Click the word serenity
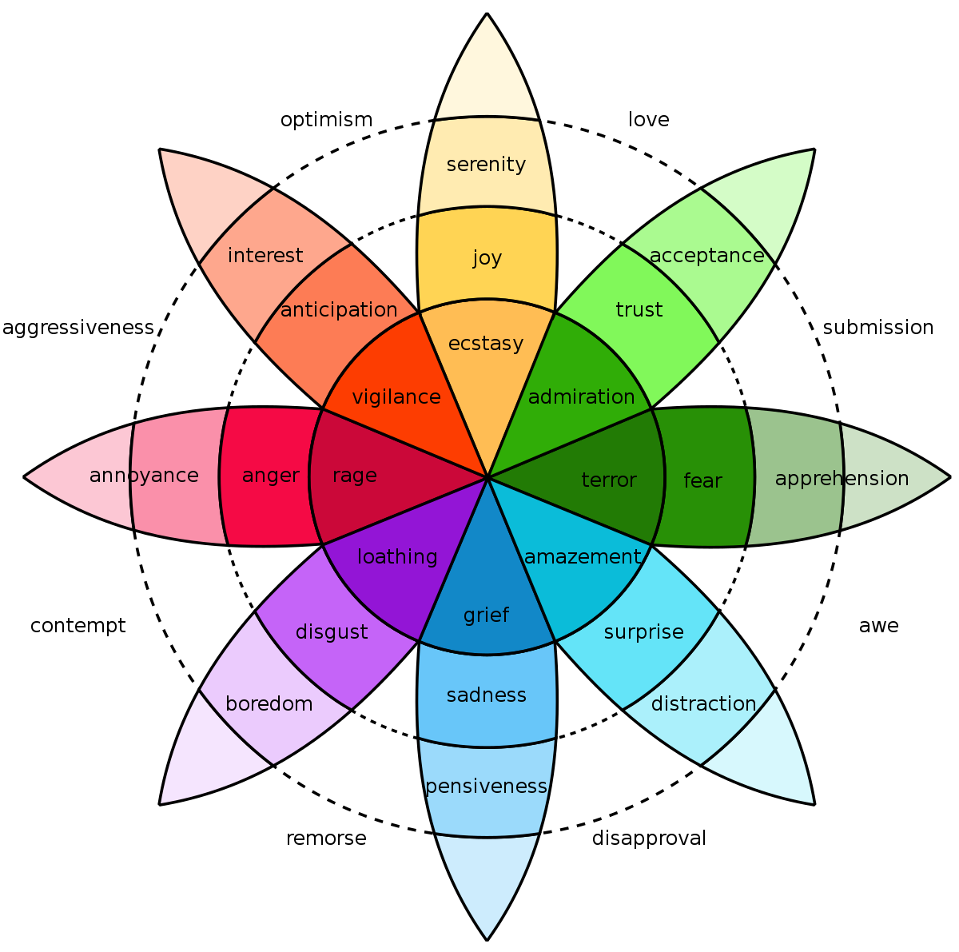point(486,165)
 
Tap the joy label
point(487,258)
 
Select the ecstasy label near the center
point(486,344)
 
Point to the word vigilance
point(396,397)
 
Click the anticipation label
point(339,310)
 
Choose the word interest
point(265,256)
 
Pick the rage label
point(354,476)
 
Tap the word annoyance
point(144,476)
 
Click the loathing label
point(397,557)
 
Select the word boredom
point(269,704)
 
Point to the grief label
point(486,615)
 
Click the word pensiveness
point(486,787)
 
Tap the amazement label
point(583,557)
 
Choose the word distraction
point(703,704)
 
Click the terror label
point(609,480)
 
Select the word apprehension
point(842,479)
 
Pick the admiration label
point(582,397)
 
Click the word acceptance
point(707,256)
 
